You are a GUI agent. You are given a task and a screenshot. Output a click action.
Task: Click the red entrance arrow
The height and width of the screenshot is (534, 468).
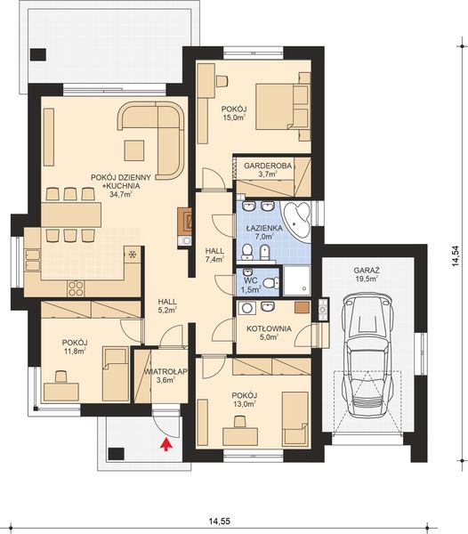[x=165, y=445]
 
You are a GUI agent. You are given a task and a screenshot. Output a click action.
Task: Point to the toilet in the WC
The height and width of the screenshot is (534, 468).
[x=271, y=283]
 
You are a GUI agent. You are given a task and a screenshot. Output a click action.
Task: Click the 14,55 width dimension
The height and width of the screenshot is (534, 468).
[x=220, y=522]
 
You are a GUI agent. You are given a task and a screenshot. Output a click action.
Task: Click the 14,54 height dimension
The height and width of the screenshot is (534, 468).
[x=456, y=255]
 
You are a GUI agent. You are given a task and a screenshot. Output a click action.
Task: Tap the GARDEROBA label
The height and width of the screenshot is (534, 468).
[x=268, y=166]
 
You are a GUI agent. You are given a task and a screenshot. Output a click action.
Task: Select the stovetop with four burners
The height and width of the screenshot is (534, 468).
[x=76, y=288]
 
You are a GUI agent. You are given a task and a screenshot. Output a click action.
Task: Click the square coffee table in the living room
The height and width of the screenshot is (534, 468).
[x=134, y=151]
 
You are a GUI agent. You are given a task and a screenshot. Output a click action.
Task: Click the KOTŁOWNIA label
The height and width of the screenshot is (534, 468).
[x=269, y=329]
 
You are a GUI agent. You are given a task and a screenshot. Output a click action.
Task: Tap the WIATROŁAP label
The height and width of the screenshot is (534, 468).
[x=165, y=371]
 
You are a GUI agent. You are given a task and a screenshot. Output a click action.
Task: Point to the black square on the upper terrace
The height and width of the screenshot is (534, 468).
[x=37, y=54]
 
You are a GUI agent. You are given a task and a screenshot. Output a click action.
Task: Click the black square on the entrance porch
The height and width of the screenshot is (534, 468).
[x=116, y=454]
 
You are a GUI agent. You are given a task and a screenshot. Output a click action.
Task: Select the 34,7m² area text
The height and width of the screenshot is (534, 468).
[x=121, y=194]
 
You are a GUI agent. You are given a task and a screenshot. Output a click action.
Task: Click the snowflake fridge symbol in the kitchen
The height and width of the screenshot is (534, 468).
[x=132, y=254]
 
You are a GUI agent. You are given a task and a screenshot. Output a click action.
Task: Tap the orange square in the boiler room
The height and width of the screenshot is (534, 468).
[x=302, y=307]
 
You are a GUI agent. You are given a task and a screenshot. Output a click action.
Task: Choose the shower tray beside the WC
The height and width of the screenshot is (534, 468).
[x=297, y=280]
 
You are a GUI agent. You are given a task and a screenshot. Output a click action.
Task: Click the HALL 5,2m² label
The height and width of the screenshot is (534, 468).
[x=167, y=306]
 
